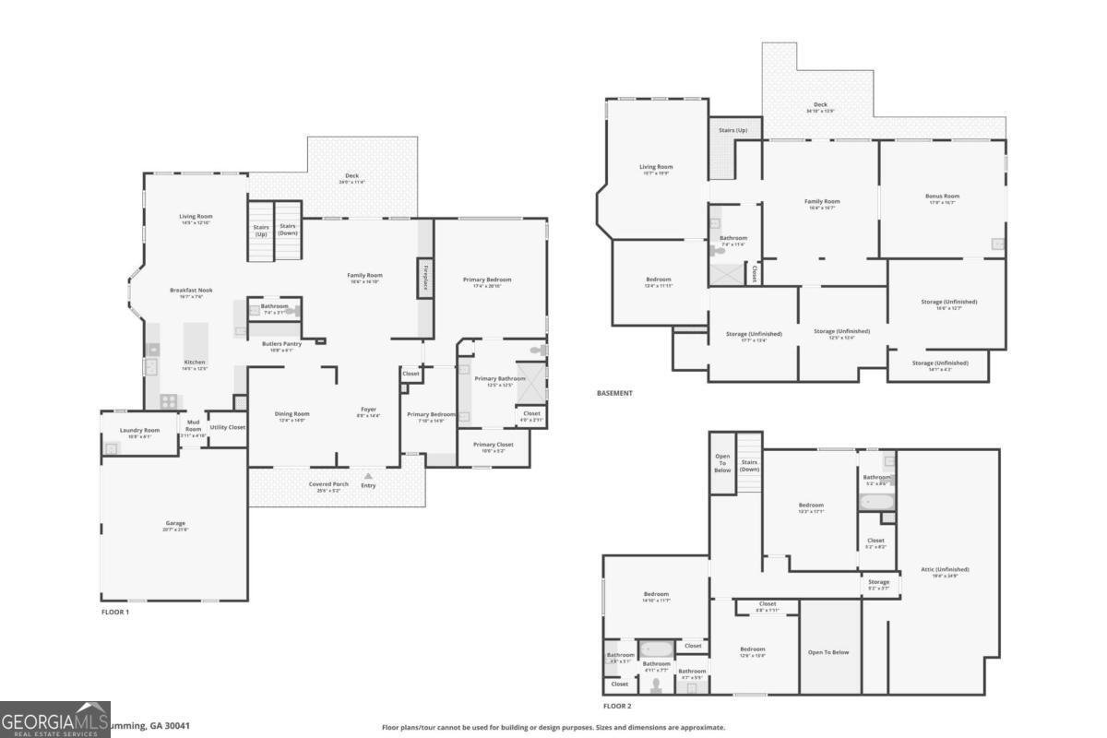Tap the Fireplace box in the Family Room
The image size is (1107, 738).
coord(425,278)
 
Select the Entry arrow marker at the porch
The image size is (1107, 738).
coord(368,476)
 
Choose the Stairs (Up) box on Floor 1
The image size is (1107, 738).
coord(260,231)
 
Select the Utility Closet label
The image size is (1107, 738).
coord(227,427)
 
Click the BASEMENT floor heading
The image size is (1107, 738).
coord(614,393)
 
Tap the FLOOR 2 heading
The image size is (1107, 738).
coord(617,706)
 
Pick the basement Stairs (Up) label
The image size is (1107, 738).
coord(733,131)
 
